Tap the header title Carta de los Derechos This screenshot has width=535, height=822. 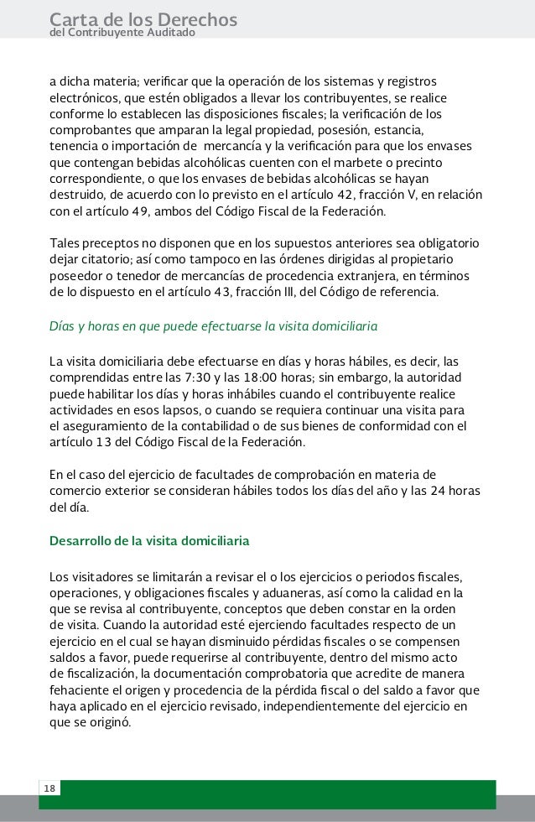(x=143, y=18)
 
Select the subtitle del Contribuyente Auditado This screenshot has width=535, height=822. (x=122, y=33)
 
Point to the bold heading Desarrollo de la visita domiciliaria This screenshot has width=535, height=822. (x=149, y=541)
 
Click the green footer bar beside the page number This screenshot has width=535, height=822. (x=277, y=793)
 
